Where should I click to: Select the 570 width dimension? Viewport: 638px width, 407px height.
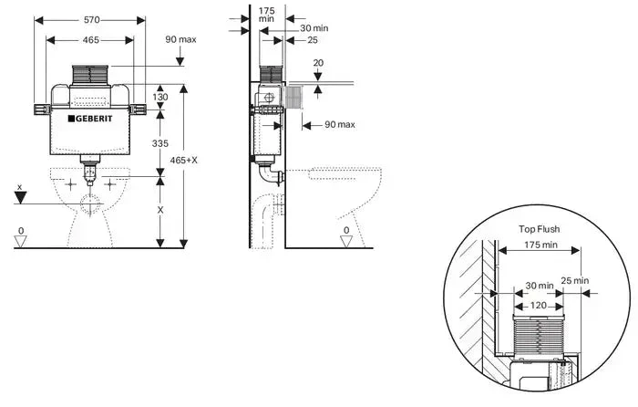point(88,19)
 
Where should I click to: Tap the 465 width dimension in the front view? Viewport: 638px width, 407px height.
point(88,41)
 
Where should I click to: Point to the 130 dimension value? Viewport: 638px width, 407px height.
point(160,98)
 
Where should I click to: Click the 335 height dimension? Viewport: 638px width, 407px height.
point(160,143)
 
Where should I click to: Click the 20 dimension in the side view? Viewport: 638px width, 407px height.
point(318,63)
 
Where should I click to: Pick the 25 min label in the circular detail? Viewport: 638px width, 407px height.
point(574,280)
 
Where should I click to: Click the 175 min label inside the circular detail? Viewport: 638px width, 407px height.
point(541,246)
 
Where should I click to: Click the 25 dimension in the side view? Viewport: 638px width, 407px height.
point(313,41)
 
